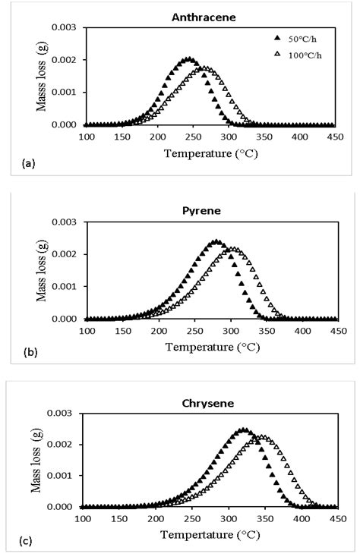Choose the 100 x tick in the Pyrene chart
pyautogui.click(x=87, y=331)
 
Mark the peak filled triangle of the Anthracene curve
pyautogui.click(x=187, y=58)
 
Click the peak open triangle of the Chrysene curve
pyautogui.click(x=261, y=437)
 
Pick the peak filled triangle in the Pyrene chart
pyautogui.click(x=216, y=242)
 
